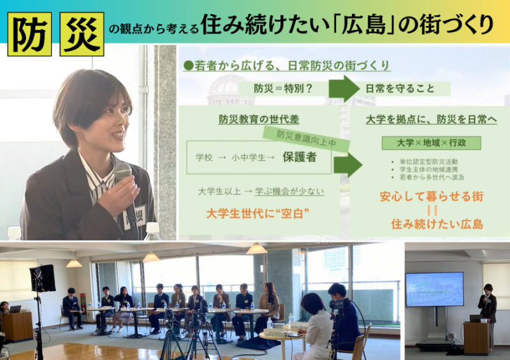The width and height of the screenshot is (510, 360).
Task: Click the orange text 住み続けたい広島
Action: pos(437,224)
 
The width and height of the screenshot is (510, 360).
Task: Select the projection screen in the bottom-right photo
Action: pos(434,289)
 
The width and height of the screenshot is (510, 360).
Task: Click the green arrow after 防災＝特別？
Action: pos(345,89)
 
